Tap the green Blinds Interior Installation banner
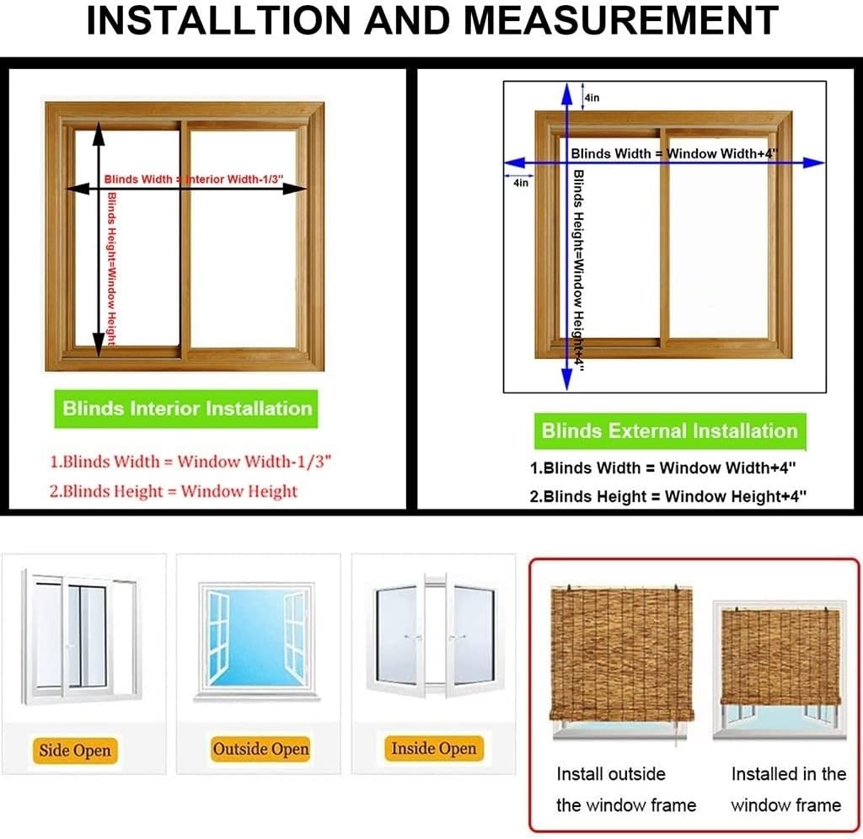(x=187, y=409)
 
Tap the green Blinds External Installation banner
(x=669, y=431)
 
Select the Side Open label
(x=75, y=750)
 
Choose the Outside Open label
(x=260, y=749)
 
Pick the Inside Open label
(x=433, y=748)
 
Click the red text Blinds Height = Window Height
(x=173, y=491)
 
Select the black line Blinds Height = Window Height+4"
(x=667, y=496)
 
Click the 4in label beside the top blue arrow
(x=592, y=98)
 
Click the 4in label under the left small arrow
(x=520, y=183)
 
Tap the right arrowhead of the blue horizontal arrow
(x=813, y=163)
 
